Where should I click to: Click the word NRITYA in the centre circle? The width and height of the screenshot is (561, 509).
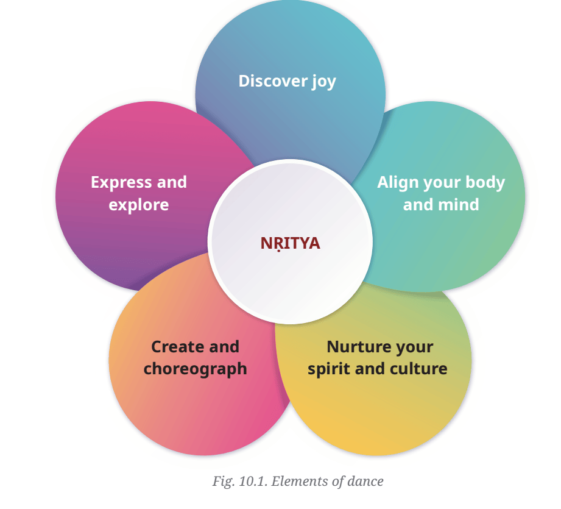click(x=290, y=243)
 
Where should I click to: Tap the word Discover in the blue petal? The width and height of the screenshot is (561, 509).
click(x=273, y=81)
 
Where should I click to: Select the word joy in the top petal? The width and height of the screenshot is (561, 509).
click(x=324, y=82)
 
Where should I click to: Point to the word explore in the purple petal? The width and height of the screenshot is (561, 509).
click(x=139, y=205)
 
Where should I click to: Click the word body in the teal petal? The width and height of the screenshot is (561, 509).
click(x=485, y=182)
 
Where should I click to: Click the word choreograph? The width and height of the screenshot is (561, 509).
click(x=196, y=369)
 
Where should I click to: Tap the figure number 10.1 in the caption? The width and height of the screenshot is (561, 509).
click(x=253, y=482)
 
